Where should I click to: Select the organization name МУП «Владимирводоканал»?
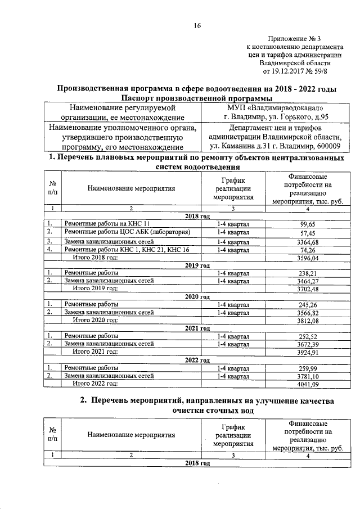(x=275, y=107)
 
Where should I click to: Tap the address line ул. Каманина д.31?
(x=274, y=147)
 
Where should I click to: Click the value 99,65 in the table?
(x=307, y=223)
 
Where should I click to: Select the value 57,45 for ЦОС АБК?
(x=307, y=232)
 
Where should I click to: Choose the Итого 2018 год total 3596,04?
(x=307, y=258)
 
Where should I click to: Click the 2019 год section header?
(x=197, y=265)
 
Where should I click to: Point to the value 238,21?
(x=307, y=273)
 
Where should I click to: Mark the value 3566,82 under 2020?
(x=307, y=312)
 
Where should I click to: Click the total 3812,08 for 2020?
(x=307, y=320)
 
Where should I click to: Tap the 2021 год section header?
(x=197, y=328)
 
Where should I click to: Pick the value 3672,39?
(x=307, y=344)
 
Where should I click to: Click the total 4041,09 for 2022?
(x=307, y=384)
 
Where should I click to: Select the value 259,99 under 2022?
(x=307, y=367)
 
